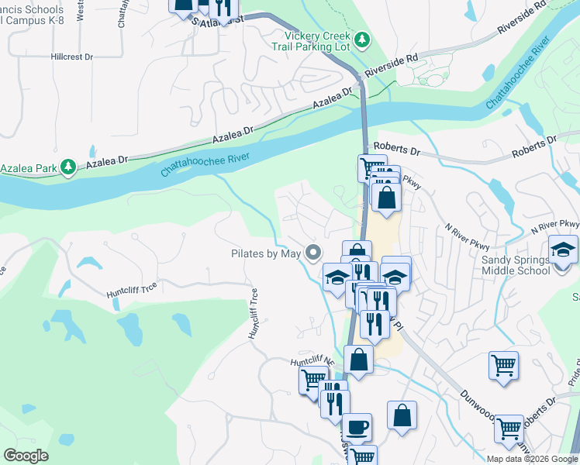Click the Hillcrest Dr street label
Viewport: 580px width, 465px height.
tap(71, 57)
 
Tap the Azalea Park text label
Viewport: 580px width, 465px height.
tap(29, 167)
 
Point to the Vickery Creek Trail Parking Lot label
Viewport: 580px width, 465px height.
tap(318, 40)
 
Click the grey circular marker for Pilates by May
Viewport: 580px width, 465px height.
tap(314, 253)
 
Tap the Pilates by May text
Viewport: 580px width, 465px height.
tap(266, 253)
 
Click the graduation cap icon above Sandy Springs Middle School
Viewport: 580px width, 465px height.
tap(563, 250)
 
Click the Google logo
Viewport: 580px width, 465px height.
tap(26, 456)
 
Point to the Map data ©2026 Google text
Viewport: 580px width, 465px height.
tap(532, 459)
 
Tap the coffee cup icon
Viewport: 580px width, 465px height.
tap(357, 426)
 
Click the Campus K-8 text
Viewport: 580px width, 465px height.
tap(31, 21)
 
